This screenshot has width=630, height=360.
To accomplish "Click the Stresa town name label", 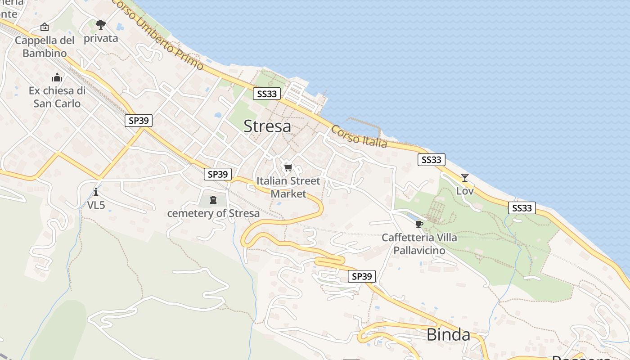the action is [267, 126].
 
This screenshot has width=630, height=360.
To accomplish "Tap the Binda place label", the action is [448, 335].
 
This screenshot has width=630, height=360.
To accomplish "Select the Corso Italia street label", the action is [359, 136].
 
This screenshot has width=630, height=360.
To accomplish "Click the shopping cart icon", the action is [288, 168].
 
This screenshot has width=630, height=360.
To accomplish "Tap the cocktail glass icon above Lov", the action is [465, 178].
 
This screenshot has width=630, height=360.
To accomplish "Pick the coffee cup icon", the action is [419, 224].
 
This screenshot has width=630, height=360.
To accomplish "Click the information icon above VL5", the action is [96, 192].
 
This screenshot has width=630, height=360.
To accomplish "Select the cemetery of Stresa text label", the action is [213, 213].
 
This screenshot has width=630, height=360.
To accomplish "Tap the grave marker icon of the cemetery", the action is [213, 199].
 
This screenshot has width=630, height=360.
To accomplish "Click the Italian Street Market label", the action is [288, 187].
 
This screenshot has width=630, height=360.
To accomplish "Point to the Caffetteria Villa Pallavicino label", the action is [419, 244].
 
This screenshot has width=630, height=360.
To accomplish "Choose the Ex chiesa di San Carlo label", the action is [57, 97].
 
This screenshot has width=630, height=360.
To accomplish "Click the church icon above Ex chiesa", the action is [57, 77].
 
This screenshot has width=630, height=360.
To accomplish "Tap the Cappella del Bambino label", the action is [45, 47].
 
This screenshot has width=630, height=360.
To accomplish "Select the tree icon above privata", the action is [101, 24].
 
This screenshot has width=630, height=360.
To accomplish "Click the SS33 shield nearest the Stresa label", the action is [267, 94].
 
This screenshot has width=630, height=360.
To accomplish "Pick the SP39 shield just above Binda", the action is [362, 276].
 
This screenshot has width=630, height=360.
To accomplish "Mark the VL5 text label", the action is [96, 205].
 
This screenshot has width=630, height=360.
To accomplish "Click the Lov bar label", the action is [465, 191].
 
